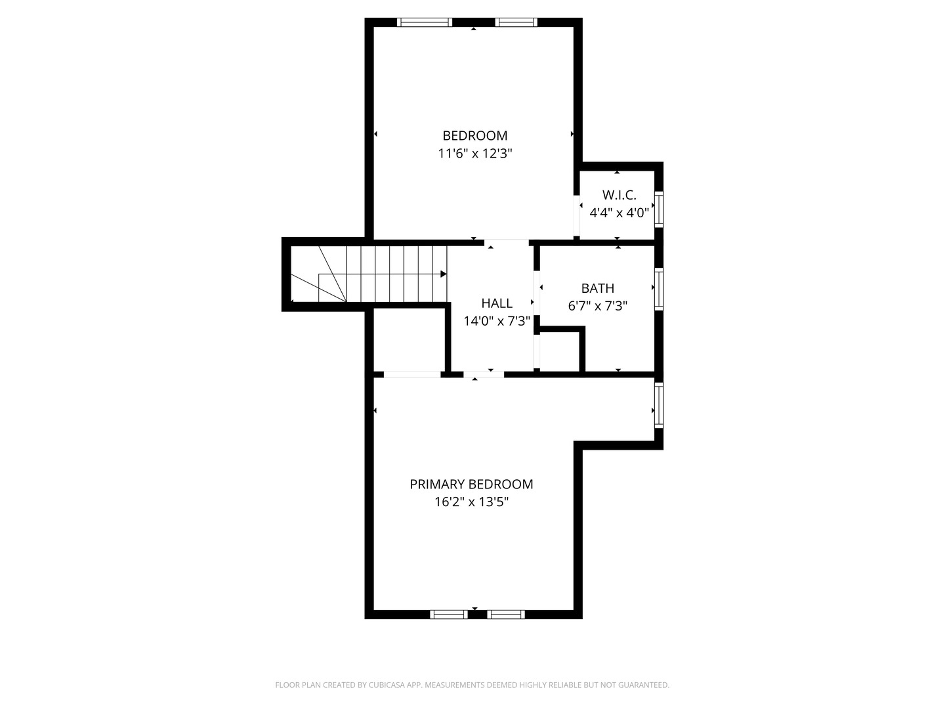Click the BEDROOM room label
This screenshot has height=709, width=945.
point(474,136)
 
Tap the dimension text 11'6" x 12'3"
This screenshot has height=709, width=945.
point(474,154)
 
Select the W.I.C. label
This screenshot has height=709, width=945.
point(619,195)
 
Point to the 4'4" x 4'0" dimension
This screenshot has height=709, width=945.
point(619,213)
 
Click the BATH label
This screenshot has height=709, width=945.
point(597,288)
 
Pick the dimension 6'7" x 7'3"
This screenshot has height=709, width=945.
point(597,306)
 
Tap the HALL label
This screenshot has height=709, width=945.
point(497,303)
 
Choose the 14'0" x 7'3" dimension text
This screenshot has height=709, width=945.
point(497,322)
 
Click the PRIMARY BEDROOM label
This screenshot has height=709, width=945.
point(471,484)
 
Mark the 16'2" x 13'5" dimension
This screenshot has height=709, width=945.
point(471,503)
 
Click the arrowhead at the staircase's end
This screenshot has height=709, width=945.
point(444,274)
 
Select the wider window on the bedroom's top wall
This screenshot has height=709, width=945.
point(425,22)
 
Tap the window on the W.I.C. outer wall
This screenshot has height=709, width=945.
point(659,209)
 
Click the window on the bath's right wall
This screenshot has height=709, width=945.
point(659,288)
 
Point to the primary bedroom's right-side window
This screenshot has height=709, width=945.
point(659,406)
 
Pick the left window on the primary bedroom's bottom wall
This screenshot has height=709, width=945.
point(449,614)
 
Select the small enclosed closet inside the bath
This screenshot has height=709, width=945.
point(560,353)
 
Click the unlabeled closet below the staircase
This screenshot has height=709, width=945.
point(410,341)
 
